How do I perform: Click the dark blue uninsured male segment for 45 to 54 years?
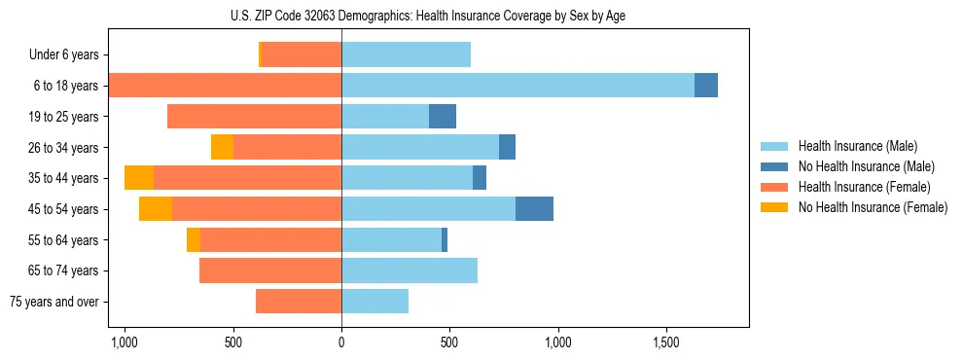pos(534,209)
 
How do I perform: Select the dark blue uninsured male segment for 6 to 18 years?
pos(706,86)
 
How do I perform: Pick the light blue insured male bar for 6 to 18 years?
pos(517,86)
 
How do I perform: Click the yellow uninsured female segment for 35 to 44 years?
pos(139,178)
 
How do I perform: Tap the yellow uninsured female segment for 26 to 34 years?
pos(222,147)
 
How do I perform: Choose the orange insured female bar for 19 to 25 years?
pos(254,117)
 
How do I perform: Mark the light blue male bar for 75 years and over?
pos(374,302)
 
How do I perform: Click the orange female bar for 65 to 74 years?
pos(270,270)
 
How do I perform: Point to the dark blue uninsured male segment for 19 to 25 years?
pos(443,117)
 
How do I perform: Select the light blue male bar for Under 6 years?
pos(406,55)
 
